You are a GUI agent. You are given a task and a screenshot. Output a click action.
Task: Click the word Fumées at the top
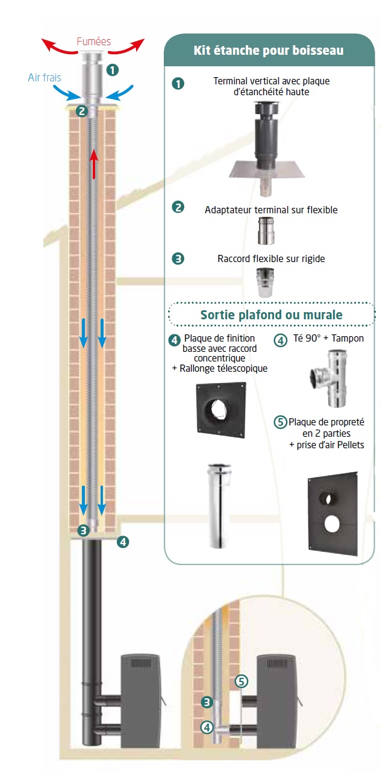[93, 42]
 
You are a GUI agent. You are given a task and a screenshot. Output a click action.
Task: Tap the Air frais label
[45, 78]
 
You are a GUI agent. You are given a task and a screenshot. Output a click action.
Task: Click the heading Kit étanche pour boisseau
[269, 51]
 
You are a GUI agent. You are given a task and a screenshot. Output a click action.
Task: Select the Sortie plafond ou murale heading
[271, 314]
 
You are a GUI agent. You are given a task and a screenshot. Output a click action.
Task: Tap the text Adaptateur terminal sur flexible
[271, 210]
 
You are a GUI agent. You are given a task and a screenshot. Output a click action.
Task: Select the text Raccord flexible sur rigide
[271, 259]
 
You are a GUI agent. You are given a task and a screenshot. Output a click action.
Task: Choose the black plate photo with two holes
[332, 512]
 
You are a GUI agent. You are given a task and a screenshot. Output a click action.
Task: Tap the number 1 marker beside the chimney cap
[112, 69]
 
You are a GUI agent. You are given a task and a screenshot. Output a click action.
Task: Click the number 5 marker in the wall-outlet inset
[241, 681]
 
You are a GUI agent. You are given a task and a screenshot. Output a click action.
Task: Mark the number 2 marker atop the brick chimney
[82, 111]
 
